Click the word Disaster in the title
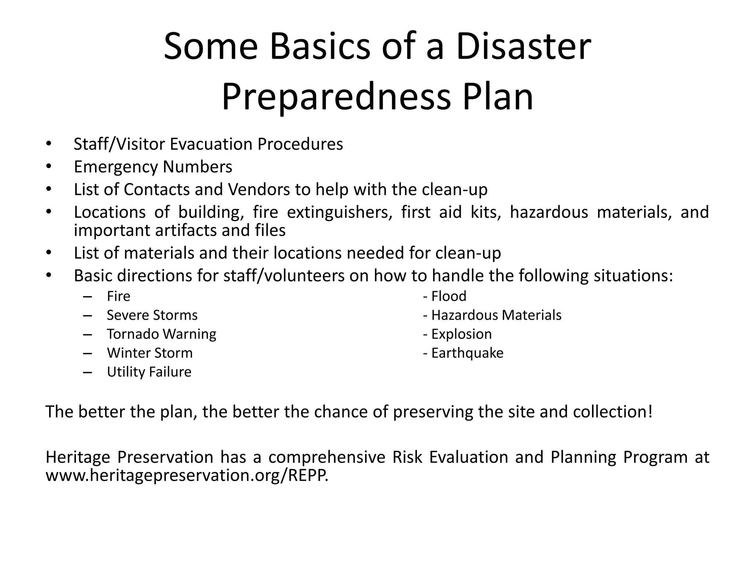coord(523,47)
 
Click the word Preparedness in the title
coord(336,97)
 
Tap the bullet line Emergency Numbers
coord(153,167)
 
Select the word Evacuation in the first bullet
coord(211,144)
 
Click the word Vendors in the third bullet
coord(259,190)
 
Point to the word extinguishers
coord(340,212)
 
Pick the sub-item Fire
coord(118,296)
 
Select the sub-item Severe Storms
coord(152,315)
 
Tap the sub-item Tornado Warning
coord(161,334)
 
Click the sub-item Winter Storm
coord(150,353)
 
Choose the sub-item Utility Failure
coord(149,372)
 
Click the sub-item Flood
coord(448,296)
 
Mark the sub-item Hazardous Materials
coord(496,315)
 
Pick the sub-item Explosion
coord(461,334)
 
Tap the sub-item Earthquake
coord(467,353)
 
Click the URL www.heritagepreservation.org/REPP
coord(187,475)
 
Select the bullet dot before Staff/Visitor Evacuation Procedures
coord(48,144)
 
